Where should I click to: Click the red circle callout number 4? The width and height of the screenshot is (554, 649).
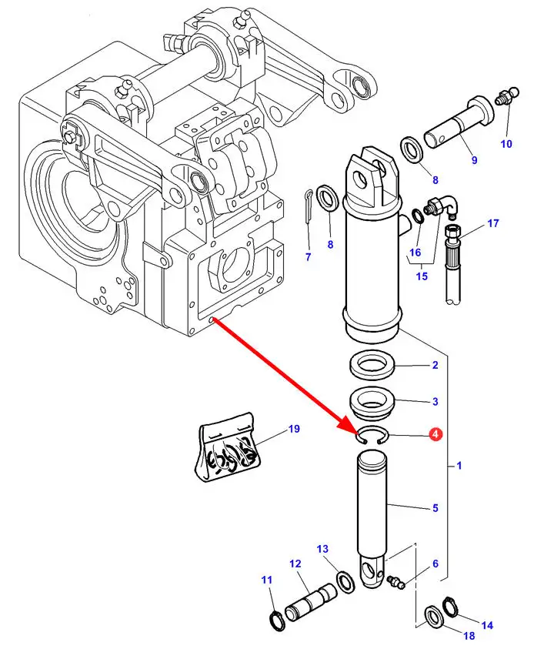point(436,435)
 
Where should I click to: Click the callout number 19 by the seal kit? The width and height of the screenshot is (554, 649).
point(294,430)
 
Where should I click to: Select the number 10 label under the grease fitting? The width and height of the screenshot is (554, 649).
point(506,144)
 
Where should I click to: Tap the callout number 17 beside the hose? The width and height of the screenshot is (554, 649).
point(493,223)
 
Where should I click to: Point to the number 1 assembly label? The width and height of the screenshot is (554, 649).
point(459,466)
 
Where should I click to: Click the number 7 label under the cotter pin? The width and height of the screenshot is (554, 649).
point(308,256)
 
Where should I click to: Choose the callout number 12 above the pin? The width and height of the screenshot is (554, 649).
point(295,564)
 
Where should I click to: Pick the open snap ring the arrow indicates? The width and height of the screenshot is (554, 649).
point(372,437)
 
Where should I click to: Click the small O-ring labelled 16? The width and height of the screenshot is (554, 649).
point(416,217)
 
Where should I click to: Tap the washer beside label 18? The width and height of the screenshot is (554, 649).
point(433,614)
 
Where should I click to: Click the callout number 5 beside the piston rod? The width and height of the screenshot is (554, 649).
point(435,508)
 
